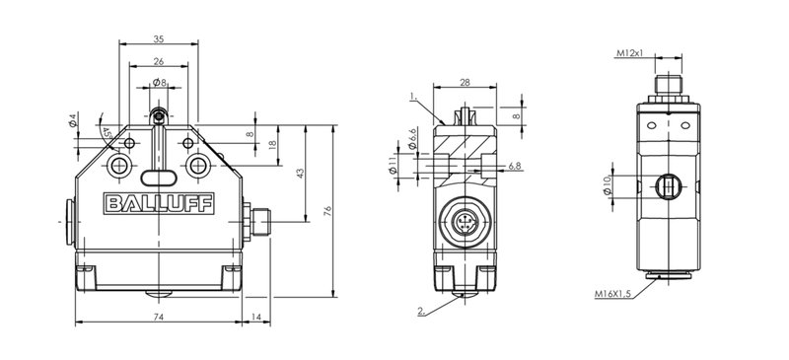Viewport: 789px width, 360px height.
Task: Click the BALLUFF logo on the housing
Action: tap(159, 203)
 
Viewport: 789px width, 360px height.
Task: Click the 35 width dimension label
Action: tap(159, 38)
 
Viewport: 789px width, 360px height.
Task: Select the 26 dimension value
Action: tap(159, 61)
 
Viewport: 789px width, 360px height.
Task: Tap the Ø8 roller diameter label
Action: tap(160, 82)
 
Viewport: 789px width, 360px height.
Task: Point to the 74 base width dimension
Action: tap(159, 317)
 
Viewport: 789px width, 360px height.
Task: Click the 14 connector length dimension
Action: tap(256, 317)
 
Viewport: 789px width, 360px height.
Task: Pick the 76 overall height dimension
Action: tap(327, 210)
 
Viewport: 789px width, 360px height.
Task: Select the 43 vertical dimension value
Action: tap(301, 174)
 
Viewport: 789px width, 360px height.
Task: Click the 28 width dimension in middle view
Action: tap(465, 83)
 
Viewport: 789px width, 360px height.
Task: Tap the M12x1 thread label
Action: tap(630, 53)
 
